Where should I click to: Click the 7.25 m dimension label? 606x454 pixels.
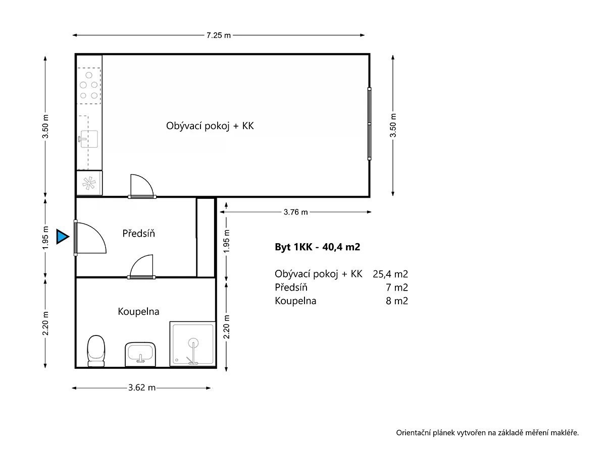[218, 35]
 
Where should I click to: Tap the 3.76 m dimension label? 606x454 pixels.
[295, 212]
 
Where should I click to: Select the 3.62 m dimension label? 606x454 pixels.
[141, 387]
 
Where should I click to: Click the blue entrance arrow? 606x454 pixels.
[63, 237]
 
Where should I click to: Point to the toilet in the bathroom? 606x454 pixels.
[96, 351]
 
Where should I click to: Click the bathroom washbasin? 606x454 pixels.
[140, 355]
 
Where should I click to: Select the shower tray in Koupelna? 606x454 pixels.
[193, 344]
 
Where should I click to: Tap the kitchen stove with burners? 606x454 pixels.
[89, 86]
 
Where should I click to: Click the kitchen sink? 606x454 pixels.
[88, 139]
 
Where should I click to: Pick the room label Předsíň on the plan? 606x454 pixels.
[138, 234]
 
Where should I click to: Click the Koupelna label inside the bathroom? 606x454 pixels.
[138, 311]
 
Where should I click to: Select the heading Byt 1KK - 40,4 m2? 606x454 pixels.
[318, 247]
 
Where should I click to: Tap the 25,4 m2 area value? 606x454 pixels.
[390, 274]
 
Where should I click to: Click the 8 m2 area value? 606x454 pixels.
[397, 301]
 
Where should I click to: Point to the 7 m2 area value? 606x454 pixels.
[397, 288]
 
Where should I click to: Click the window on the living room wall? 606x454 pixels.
[369, 124]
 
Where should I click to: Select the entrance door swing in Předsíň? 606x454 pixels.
[90, 238]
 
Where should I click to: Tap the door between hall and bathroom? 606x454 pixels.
[141, 266]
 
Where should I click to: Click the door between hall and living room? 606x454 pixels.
[142, 186]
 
